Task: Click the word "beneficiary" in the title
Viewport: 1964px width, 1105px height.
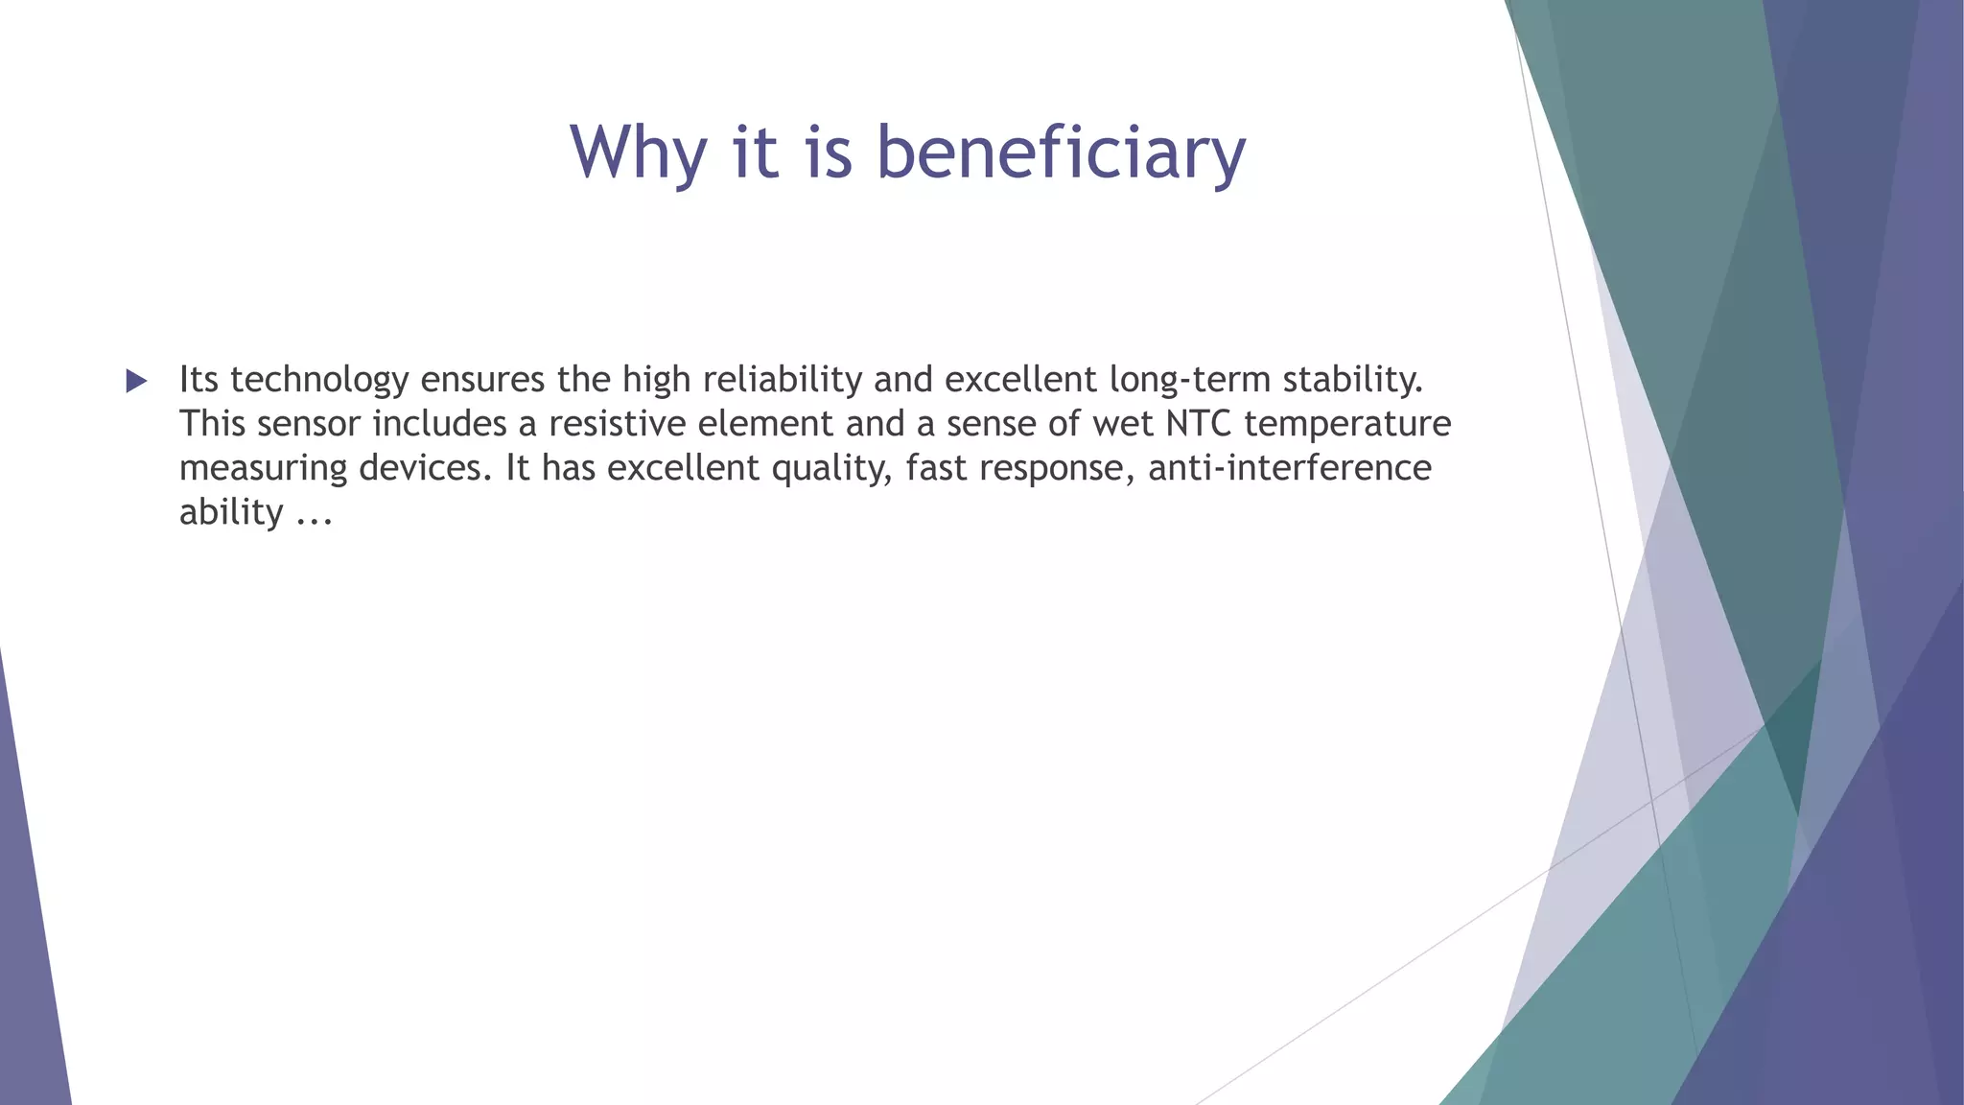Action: [x=1061, y=153]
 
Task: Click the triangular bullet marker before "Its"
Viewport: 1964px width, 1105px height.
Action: [x=136, y=381]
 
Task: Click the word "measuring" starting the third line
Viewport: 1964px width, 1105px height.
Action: [x=263, y=468]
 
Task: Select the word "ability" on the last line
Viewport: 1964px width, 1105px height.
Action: [x=231, y=512]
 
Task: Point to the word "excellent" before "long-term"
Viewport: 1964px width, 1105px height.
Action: [x=1020, y=380]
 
